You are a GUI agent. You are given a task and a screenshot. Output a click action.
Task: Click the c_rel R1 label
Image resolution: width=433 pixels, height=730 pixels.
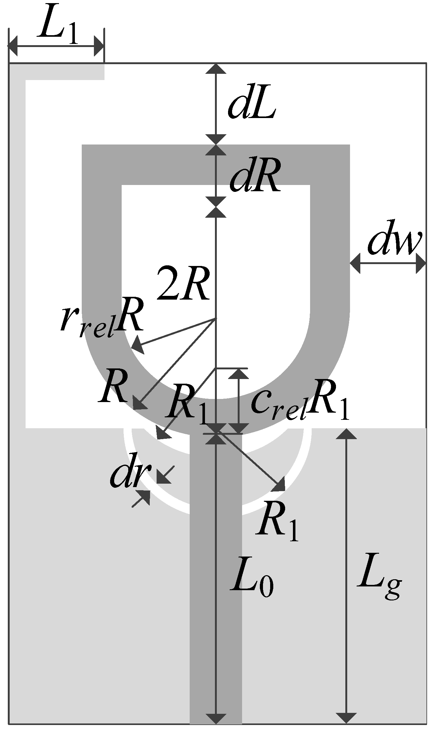coord(299,402)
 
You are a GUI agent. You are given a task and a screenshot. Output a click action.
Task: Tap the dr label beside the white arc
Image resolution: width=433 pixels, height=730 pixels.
coord(130,475)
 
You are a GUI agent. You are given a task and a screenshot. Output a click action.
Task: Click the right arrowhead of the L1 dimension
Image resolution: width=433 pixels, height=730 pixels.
coord(99,46)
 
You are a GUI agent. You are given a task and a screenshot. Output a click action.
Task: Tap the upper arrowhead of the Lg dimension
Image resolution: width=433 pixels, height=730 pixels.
coord(346,434)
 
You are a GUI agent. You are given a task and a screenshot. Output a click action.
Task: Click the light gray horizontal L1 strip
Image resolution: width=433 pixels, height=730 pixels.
coord(62,72)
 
